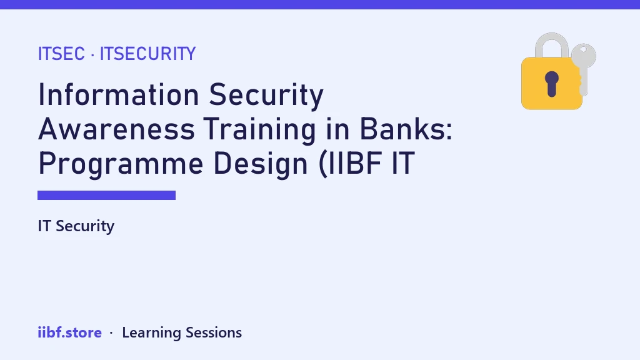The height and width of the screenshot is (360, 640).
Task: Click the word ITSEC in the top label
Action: [x=61, y=54]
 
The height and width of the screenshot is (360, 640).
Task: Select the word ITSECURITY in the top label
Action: [x=147, y=54]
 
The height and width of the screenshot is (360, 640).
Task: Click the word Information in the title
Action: [x=118, y=95]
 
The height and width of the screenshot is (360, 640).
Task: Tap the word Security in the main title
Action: [x=266, y=96]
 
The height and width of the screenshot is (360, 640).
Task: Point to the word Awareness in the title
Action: [x=116, y=129]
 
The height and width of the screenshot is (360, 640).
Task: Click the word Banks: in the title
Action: [x=406, y=129]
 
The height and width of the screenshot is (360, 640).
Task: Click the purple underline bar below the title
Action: [x=106, y=195]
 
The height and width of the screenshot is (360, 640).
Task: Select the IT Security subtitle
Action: [x=76, y=226]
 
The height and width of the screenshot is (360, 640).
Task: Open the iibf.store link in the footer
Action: [x=70, y=332]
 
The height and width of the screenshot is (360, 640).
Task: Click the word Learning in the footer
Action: [x=151, y=333]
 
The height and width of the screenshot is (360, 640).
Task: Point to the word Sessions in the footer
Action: [x=214, y=332]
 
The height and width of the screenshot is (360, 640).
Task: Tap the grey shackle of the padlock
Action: [x=552, y=40]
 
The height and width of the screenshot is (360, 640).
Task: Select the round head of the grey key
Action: [x=584, y=56]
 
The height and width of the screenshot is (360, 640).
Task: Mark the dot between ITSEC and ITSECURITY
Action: [x=92, y=55]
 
